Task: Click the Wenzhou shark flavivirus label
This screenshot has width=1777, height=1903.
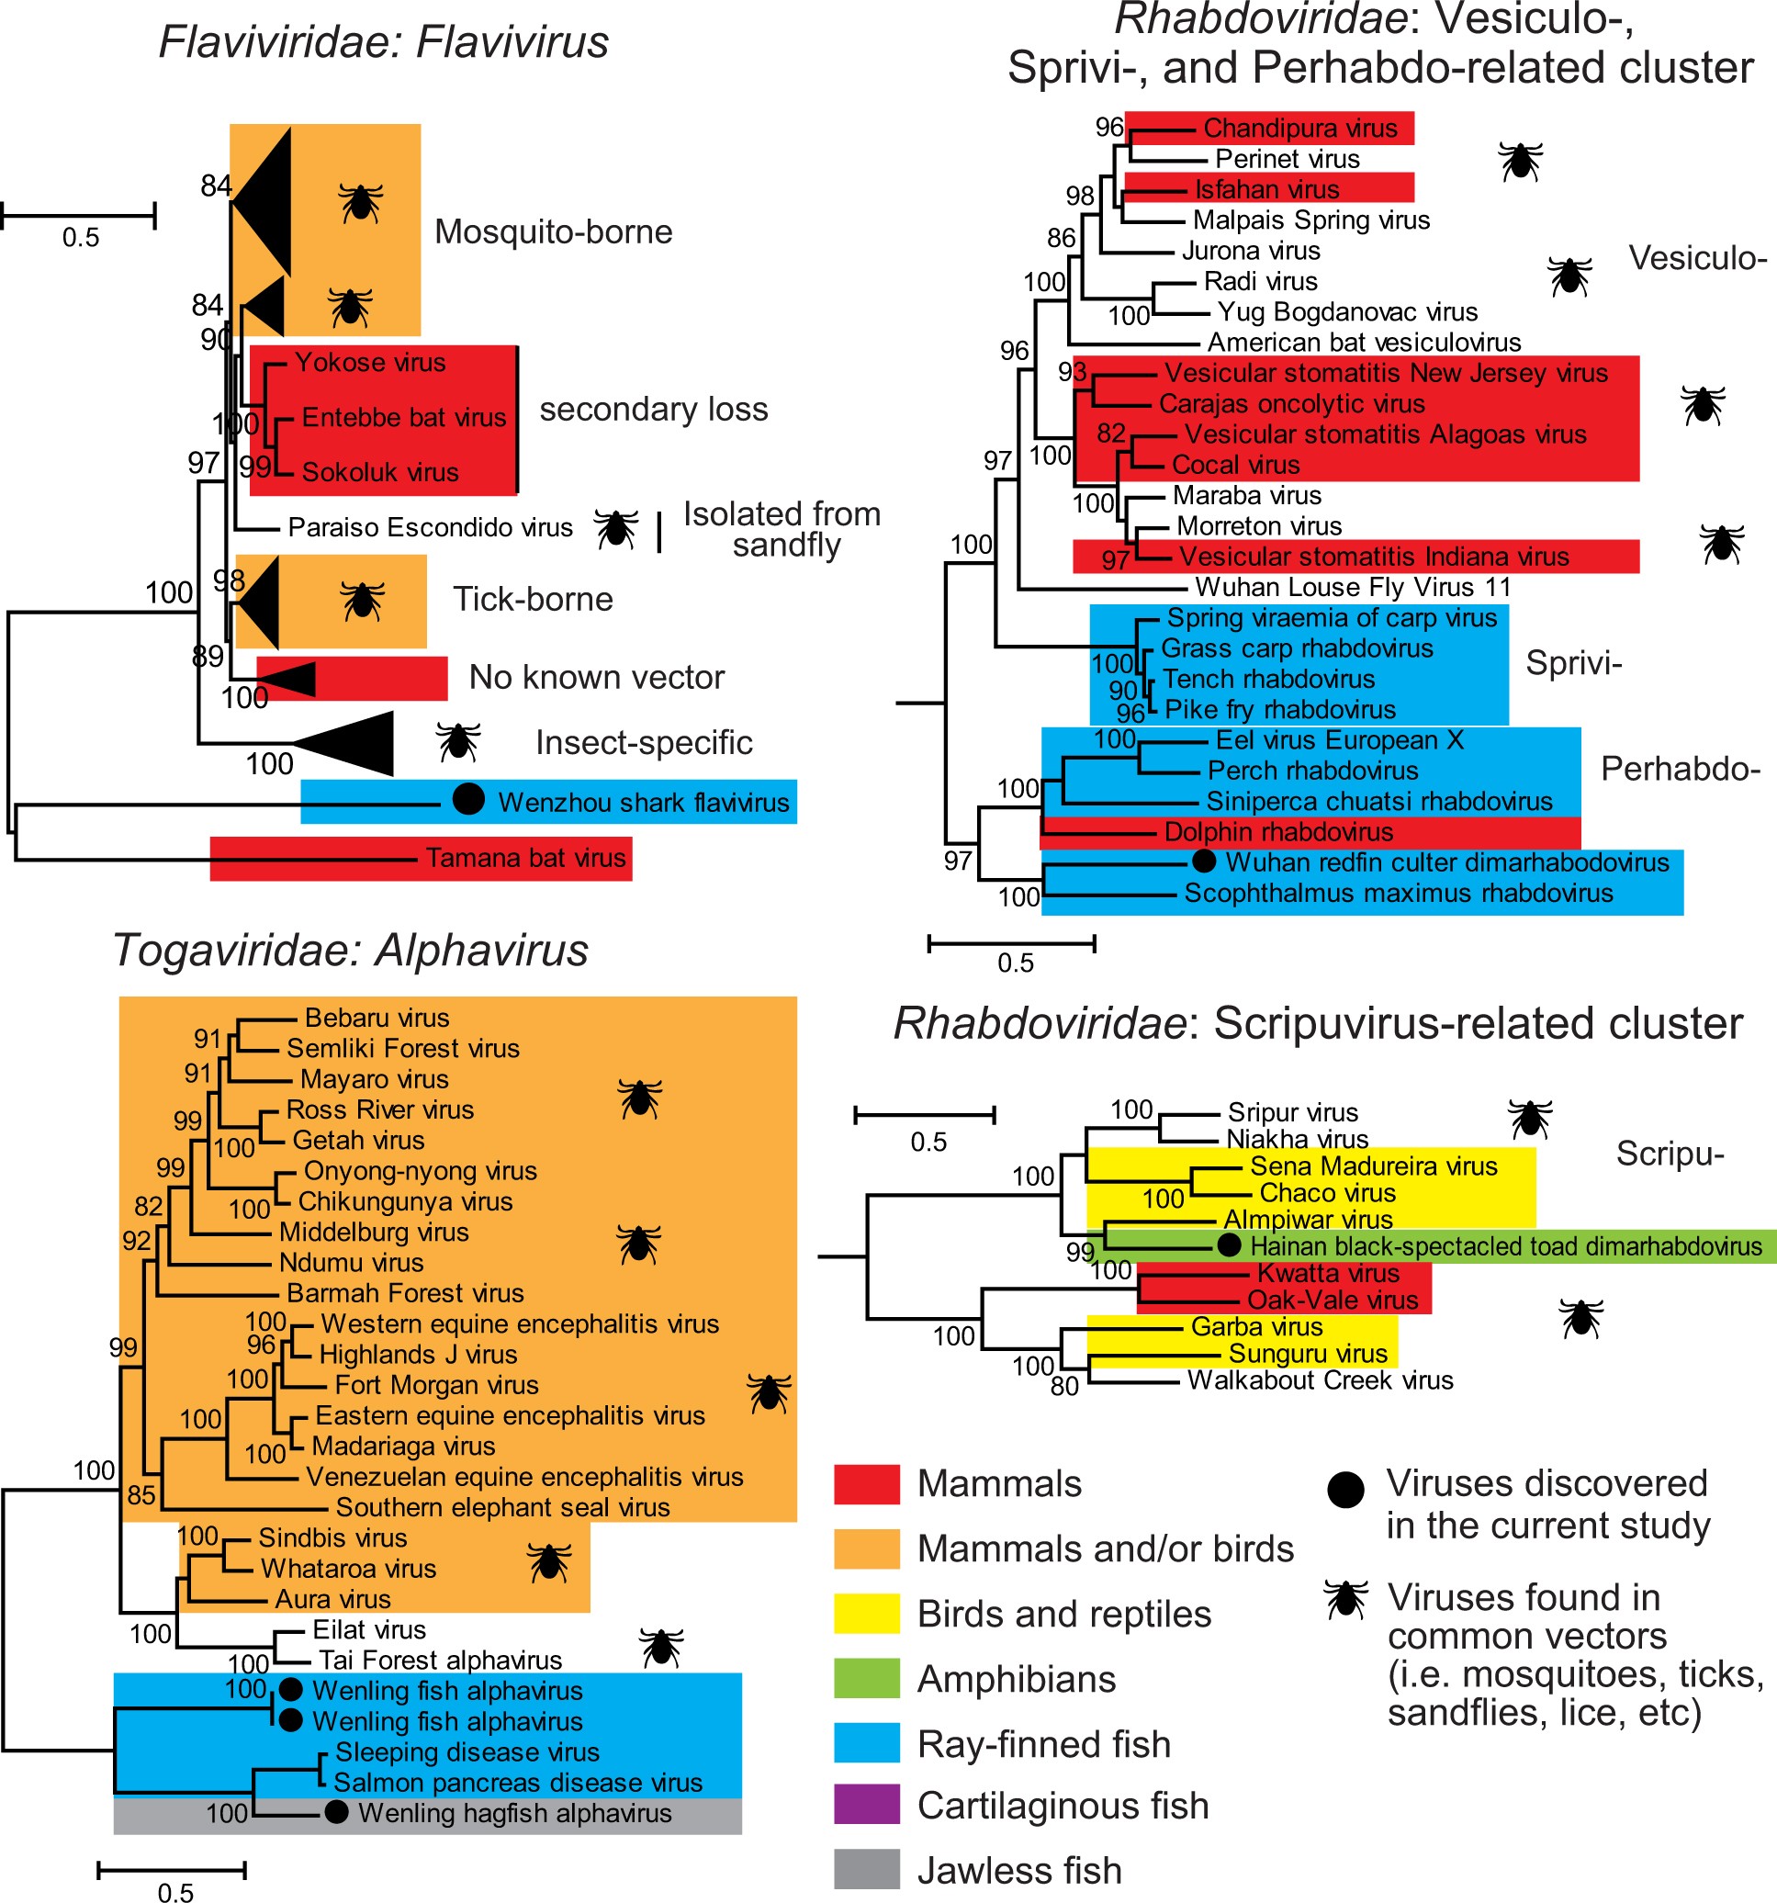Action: [x=643, y=802]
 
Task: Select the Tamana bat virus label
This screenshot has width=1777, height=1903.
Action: [x=525, y=858]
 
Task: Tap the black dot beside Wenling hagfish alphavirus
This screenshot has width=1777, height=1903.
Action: [x=336, y=1811]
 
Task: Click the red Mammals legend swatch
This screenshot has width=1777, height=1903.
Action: [x=866, y=1483]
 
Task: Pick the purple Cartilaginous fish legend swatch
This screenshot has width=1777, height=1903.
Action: [x=866, y=1804]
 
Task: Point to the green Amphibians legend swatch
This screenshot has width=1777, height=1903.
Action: [x=866, y=1678]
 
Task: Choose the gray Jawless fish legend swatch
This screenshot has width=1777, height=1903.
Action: [x=866, y=1868]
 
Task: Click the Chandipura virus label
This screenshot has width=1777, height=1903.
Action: [x=1299, y=129]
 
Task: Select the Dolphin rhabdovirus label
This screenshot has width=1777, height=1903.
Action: [x=1277, y=832]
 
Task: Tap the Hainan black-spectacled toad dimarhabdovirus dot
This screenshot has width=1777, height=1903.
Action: [x=1229, y=1245]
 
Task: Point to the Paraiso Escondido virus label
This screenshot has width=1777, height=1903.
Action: [x=430, y=527]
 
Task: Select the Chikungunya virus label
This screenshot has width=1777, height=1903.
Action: [x=405, y=1201]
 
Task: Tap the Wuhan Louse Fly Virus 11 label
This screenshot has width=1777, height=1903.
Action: [x=1352, y=587]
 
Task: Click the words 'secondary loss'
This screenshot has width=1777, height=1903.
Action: [x=654, y=409]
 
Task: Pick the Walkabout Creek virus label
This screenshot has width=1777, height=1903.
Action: [x=1320, y=1379]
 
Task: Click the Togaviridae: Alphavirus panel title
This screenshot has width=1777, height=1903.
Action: [x=350, y=951]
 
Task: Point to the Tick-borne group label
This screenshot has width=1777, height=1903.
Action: [x=532, y=599]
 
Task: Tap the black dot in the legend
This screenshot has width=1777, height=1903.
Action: [x=1344, y=1490]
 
